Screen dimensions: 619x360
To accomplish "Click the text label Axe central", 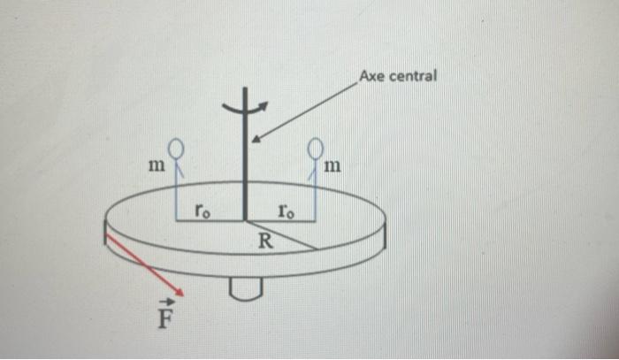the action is pyautogui.click(x=398, y=76).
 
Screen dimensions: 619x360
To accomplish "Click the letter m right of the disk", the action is pyautogui.click(x=333, y=165).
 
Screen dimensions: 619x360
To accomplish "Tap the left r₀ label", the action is pyautogui.click(x=203, y=211).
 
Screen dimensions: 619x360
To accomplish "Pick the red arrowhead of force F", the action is pyautogui.click(x=179, y=291).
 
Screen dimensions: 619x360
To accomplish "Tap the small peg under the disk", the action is pyautogui.click(x=244, y=287).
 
